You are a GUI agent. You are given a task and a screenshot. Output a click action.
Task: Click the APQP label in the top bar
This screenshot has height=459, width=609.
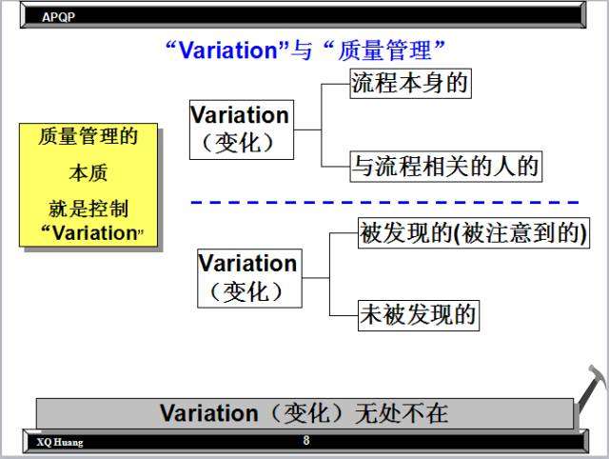[x=58, y=17]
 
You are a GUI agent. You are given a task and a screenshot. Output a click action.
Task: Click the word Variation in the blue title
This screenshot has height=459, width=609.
[x=228, y=50]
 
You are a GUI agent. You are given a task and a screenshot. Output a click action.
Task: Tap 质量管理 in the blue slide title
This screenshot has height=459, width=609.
[x=384, y=50]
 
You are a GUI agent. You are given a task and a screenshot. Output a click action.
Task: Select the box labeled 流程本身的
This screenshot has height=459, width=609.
[x=410, y=84]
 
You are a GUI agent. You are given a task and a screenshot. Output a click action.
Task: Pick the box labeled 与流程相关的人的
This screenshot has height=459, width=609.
[x=446, y=167]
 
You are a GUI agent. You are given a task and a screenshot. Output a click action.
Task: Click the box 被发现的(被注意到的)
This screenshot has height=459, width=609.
[x=474, y=232]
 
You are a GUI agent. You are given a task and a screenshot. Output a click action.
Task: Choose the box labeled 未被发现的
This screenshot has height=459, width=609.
[x=419, y=315]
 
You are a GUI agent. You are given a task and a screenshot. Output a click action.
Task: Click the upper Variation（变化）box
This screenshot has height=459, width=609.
[x=242, y=130]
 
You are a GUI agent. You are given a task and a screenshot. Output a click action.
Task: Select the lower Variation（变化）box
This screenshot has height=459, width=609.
[x=249, y=278]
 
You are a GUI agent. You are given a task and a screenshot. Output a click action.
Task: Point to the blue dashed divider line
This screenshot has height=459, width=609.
[x=384, y=202]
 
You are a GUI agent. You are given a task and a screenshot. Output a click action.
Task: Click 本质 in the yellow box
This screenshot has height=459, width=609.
[x=88, y=173]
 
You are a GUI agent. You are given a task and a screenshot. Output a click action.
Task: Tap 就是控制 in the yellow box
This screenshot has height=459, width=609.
[x=88, y=209]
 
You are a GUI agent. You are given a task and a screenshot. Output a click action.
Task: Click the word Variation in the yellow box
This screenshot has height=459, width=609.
[x=95, y=233]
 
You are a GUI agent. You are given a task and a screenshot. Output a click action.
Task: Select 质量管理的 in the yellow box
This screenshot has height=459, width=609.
[x=88, y=136]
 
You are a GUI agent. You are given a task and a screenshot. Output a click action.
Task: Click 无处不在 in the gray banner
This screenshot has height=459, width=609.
[x=402, y=413]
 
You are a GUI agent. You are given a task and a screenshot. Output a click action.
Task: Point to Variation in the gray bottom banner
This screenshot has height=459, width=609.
[x=209, y=413]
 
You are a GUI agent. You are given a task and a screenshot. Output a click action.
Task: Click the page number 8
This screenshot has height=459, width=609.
[x=306, y=440]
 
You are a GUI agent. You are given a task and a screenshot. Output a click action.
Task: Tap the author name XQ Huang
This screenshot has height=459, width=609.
[x=60, y=442]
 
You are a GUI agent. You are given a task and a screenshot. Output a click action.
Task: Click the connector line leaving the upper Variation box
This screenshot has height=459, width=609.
[x=307, y=130]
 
